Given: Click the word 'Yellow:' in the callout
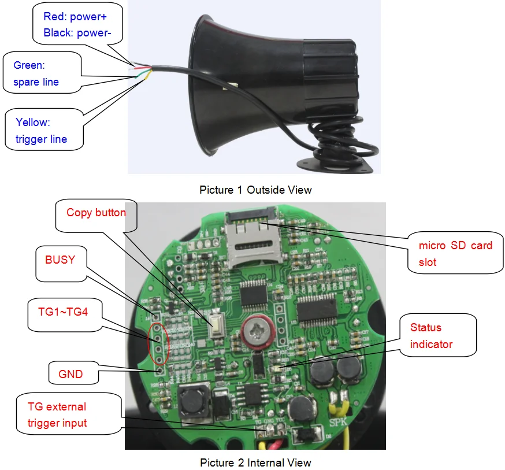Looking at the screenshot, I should (x=33, y=122).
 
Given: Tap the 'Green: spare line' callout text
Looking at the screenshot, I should (x=36, y=73).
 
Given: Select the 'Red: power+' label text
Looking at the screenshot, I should (x=75, y=17).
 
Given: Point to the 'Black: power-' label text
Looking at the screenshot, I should (x=77, y=32).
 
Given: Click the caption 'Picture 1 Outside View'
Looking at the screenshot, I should (x=255, y=190).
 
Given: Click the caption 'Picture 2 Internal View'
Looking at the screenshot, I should (x=255, y=462).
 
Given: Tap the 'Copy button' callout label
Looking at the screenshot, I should (x=96, y=212).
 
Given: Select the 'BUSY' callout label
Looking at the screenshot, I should (x=60, y=260).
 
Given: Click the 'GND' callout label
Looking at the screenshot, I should (x=70, y=374).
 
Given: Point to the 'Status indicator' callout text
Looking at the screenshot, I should (x=431, y=336).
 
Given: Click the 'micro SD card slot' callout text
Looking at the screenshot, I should (x=455, y=253).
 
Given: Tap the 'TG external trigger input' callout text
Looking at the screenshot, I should (x=57, y=415).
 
